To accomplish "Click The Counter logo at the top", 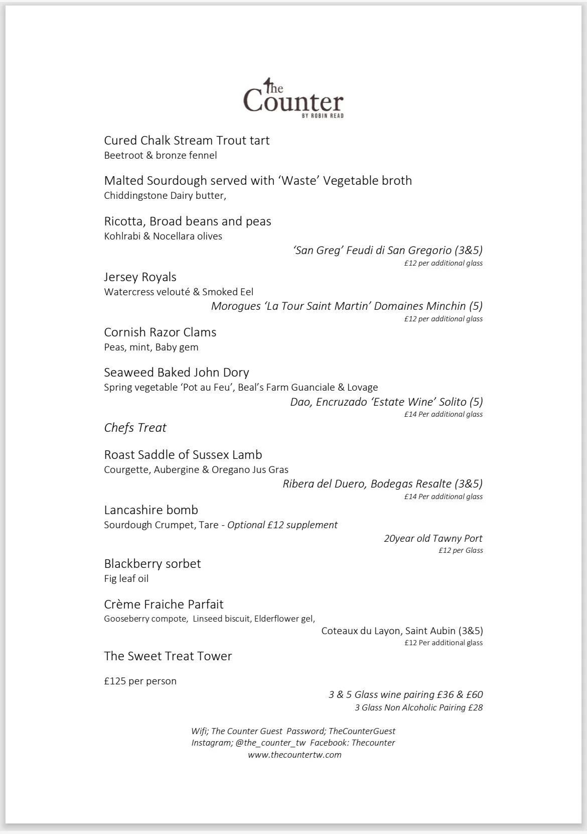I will [x=293, y=98].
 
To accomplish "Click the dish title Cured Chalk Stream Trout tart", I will [x=187, y=141].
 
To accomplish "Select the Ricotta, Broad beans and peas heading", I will [x=187, y=221].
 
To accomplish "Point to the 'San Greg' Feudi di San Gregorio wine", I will [x=388, y=250].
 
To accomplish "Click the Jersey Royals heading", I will [x=140, y=277].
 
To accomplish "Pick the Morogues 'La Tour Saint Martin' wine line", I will [x=347, y=306].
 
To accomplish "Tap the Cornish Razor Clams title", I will [x=160, y=332].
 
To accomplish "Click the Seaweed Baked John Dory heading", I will [x=176, y=373].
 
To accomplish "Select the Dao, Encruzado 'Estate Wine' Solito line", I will [x=386, y=402].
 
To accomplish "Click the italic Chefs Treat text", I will [x=135, y=428].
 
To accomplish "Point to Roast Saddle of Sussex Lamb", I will [x=183, y=455].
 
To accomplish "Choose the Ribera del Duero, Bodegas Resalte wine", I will [x=382, y=484].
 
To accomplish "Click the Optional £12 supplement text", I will [x=282, y=525].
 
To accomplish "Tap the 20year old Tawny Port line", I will [x=433, y=538].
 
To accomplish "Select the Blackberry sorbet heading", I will [x=152, y=564].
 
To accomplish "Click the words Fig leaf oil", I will [x=126, y=579].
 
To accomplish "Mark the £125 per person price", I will [x=140, y=681].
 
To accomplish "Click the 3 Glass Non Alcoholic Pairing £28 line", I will [x=418, y=708].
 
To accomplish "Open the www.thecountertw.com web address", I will [x=295, y=755].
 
